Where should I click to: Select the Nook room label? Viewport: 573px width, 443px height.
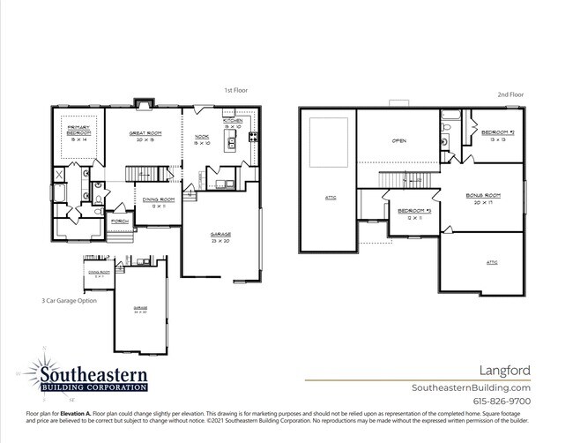click(x=201, y=139)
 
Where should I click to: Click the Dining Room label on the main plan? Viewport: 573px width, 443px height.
click(x=159, y=202)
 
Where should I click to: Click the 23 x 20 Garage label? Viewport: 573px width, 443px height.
click(x=220, y=237)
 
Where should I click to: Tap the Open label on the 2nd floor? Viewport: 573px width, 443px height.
click(x=398, y=141)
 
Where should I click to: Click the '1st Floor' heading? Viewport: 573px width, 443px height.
click(x=234, y=89)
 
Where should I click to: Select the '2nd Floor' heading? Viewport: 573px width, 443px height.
click(x=510, y=94)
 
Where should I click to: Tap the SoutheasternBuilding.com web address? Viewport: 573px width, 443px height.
click(x=471, y=387)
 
